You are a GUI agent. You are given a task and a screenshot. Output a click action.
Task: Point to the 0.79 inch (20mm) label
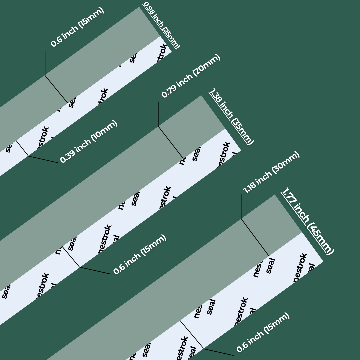(191, 76)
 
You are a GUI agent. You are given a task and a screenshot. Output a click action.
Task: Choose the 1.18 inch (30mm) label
(271, 172)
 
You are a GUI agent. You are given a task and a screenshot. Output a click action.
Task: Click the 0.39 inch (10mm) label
(89, 141)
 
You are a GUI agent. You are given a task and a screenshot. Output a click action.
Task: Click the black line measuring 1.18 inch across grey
(255, 237)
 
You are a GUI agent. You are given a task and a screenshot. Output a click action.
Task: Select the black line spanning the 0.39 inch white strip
(22, 148)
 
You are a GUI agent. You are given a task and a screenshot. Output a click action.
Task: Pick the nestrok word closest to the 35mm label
(223, 155)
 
